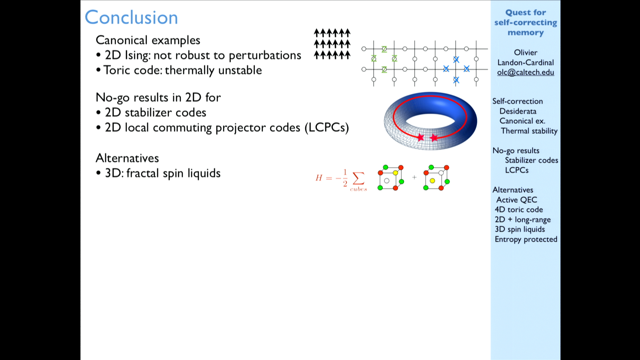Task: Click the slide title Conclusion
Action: (131, 17)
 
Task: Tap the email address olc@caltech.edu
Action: (525, 72)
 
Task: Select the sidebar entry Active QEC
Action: (517, 200)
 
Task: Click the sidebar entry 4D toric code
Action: (519, 209)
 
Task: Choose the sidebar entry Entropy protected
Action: (526, 239)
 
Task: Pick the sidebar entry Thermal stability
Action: (529, 131)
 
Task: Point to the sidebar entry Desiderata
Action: (518, 111)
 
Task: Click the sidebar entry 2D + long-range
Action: (523, 220)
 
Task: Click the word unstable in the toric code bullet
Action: (240, 70)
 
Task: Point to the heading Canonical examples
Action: (148, 40)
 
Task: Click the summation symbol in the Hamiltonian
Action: (358, 178)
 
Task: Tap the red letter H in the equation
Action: (319, 178)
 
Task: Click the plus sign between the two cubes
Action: (414, 177)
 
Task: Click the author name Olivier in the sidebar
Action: (525, 52)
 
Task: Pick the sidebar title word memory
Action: (525, 33)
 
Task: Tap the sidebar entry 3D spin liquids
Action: (520, 229)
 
